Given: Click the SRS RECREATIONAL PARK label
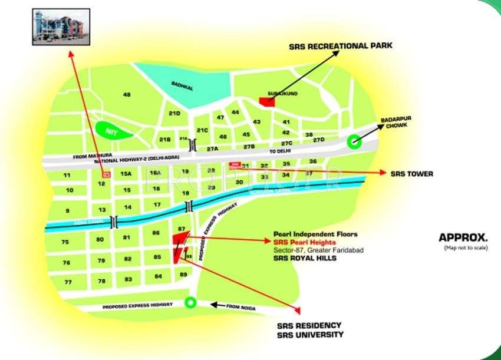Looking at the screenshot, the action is click(x=340, y=46).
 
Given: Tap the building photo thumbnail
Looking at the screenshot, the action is click(x=61, y=27).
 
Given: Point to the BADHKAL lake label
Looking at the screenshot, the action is click(x=179, y=84).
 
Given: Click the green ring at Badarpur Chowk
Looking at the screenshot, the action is click(x=354, y=140).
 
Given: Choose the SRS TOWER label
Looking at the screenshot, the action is click(x=412, y=174).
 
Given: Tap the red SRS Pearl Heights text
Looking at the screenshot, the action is click(x=305, y=242).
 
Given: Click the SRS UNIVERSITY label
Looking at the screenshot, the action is click(x=310, y=335).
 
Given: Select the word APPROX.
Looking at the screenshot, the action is click(x=463, y=238).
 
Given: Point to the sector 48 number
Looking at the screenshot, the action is click(x=126, y=95).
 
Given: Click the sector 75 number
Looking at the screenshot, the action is click(x=65, y=242).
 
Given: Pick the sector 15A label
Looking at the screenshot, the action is click(x=126, y=174).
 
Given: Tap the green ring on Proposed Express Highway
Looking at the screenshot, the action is click(x=190, y=303).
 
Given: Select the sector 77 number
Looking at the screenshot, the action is click(x=68, y=282).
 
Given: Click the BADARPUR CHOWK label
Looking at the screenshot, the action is click(x=395, y=121).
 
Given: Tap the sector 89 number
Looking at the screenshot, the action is click(x=183, y=275).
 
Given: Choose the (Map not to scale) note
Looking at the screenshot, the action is click(x=466, y=249).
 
